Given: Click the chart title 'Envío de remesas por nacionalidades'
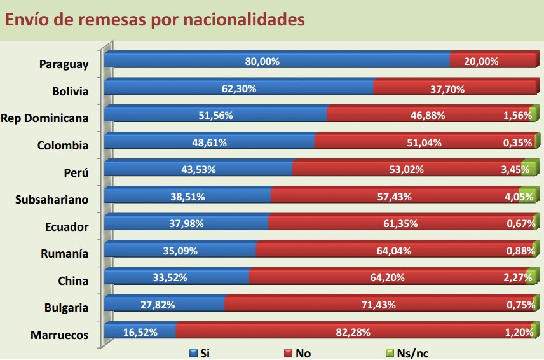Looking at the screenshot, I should point(155,20).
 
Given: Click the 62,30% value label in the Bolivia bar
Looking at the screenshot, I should point(239,89).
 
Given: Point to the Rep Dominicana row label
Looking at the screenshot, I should point(44,118).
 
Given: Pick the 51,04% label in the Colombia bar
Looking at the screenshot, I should point(424,143).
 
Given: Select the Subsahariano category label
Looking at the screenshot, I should point(51,199).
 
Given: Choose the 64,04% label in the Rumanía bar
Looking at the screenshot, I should point(394,251).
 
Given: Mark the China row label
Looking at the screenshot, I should point(72,280).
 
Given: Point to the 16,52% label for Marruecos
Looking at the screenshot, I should point(139,332).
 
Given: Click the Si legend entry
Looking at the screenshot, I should point(200,353).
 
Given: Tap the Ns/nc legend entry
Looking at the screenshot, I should point(406,353).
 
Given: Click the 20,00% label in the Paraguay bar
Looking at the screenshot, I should point(481,62).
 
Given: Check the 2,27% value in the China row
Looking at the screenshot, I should point(515,278).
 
